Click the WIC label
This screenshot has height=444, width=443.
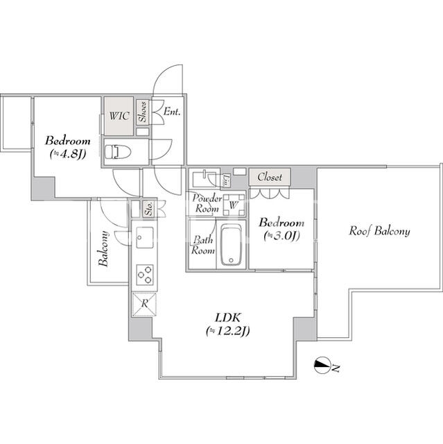(119, 116)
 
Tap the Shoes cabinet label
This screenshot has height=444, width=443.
(144, 112)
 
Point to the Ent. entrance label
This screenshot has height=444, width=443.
(171, 111)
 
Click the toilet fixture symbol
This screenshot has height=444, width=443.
(118, 152)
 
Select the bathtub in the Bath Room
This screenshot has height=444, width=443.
(231, 245)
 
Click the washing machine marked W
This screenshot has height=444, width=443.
(233, 205)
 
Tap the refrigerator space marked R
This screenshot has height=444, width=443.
(144, 304)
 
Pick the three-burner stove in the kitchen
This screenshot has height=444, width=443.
(145, 275)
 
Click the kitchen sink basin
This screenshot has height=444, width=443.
(145, 237)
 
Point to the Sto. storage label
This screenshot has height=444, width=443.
(149, 208)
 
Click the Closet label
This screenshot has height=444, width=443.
(270, 177)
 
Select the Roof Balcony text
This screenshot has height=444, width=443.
(379, 231)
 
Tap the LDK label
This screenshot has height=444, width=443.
(227, 318)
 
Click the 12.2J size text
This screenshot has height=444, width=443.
(227, 331)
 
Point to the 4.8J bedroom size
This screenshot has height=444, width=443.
(68, 154)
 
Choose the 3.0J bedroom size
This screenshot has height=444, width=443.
(281, 236)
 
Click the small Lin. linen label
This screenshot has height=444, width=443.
(226, 181)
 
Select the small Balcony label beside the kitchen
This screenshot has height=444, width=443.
(103, 249)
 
